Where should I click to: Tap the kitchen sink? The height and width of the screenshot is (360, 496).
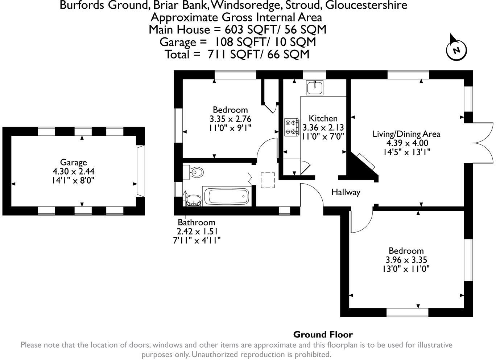(x=315, y=87)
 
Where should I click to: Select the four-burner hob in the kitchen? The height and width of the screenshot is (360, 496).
(x=292, y=127)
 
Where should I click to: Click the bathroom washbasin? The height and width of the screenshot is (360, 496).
(x=193, y=200)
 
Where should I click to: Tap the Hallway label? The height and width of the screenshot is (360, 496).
(x=346, y=192)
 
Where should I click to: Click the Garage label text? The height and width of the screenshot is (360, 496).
(x=74, y=162)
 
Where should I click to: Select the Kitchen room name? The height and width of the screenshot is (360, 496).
(x=323, y=118)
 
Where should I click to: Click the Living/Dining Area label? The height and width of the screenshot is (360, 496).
(x=406, y=134)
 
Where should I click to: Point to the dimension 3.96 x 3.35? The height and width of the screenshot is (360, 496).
(x=406, y=260)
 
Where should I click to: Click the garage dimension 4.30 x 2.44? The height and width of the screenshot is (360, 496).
(x=74, y=171)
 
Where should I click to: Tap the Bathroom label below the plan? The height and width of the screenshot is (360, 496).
(x=196, y=222)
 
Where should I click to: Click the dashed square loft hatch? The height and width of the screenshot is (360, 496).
(x=268, y=180)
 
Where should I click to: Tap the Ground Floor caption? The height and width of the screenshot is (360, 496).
(x=323, y=335)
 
